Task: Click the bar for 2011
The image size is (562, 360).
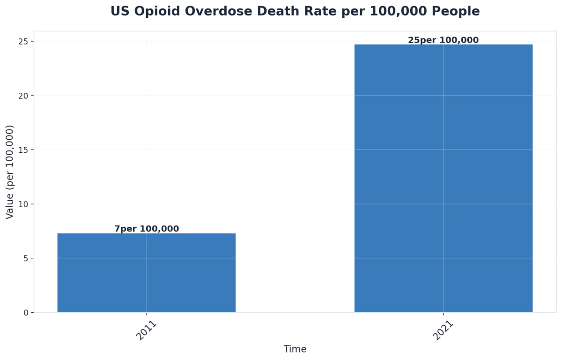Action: (x=146, y=273)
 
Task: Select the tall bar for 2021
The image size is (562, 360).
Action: (x=443, y=178)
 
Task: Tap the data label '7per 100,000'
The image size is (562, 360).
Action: (x=147, y=229)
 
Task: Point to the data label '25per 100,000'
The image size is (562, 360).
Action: (x=443, y=40)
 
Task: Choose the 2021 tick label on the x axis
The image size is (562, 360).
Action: (x=443, y=330)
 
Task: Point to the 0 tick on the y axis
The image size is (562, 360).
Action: (x=26, y=313)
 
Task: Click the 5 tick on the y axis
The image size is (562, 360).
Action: (x=26, y=258)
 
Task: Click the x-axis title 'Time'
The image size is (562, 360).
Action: (x=295, y=349)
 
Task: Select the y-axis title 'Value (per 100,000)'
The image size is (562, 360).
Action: (x=10, y=172)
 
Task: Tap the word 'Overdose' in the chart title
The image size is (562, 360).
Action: (x=210, y=11)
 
